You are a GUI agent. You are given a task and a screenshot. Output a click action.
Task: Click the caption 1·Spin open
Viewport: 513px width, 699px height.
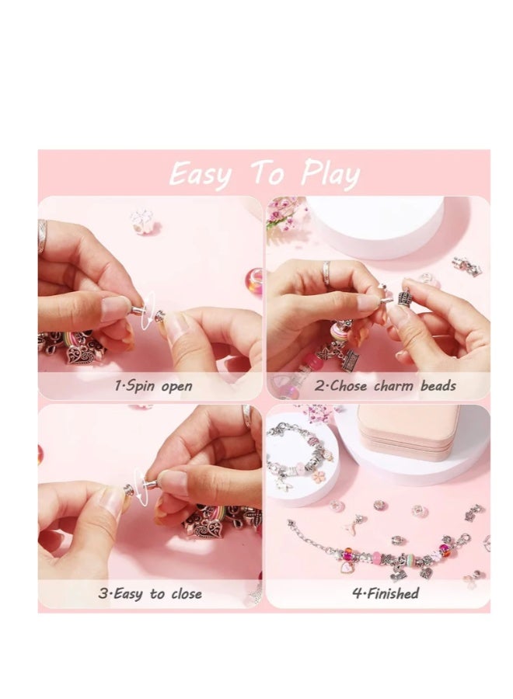153,386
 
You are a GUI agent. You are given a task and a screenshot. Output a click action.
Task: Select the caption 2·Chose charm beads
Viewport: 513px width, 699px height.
386,386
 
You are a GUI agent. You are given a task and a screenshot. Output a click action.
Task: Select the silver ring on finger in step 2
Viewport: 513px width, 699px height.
327,272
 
